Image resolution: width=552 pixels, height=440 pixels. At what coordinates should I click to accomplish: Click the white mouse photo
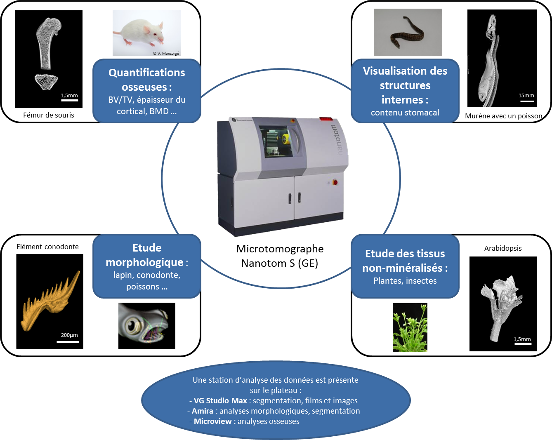(x=146, y=33)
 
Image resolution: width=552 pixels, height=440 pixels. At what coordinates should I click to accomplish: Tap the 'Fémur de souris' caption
(x=49, y=115)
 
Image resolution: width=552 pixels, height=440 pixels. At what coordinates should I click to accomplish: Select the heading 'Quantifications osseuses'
(x=146, y=80)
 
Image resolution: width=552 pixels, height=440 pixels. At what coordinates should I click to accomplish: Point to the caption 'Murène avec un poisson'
(x=503, y=116)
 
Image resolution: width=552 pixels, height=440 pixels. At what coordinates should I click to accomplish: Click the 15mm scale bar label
(x=526, y=95)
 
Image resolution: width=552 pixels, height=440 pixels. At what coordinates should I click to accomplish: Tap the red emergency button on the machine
(x=335, y=182)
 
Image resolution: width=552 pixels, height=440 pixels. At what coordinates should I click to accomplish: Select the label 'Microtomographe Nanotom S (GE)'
(x=280, y=256)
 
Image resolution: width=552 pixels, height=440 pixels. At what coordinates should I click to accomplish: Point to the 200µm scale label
(x=69, y=335)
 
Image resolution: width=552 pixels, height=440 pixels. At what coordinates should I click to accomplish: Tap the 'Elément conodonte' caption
(x=47, y=247)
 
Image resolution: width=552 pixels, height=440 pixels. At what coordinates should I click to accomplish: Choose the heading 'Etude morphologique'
(x=146, y=255)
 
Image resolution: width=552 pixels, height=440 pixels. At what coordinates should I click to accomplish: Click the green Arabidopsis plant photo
(x=410, y=327)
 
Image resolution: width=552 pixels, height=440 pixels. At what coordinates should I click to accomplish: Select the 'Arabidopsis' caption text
(x=503, y=248)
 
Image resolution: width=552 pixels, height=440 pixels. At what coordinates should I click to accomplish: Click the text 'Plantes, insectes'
(x=405, y=281)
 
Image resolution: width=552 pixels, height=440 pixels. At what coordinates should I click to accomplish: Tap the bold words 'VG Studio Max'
(x=220, y=400)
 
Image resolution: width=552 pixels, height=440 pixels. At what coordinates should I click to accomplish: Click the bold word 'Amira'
(x=203, y=411)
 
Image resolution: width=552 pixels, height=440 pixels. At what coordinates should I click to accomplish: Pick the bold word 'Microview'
(x=213, y=421)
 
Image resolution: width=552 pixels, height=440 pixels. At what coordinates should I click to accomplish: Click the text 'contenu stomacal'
(x=405, y=113)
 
